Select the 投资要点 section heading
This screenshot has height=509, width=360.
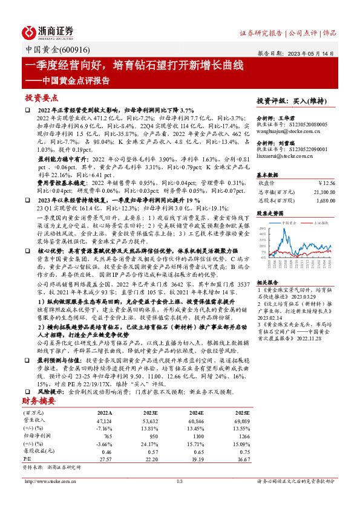point(42,97)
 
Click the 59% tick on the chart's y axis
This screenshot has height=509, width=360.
point(261,228)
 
